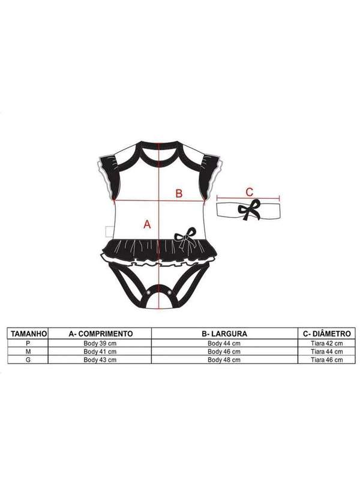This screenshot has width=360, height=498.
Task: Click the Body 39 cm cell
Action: pyautogui.click(x=100, y=343)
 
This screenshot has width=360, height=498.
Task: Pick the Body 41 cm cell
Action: pyautogui.click(x=100, y=352)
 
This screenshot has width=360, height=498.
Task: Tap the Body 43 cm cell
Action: pyautogui.click(x=100, y=360)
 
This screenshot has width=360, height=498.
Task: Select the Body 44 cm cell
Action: pyautogui.click(x=224, y=343)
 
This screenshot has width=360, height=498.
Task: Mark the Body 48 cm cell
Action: pyautogui.click(x=224, y=360)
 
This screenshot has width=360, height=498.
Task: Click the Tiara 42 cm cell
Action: pyautogui.click(x=327, y=343)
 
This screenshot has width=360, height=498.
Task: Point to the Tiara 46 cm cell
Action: pyautogui.click(x=327, y=360)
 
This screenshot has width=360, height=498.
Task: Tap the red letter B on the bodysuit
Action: pyautogui.click(x=178, y=193)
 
